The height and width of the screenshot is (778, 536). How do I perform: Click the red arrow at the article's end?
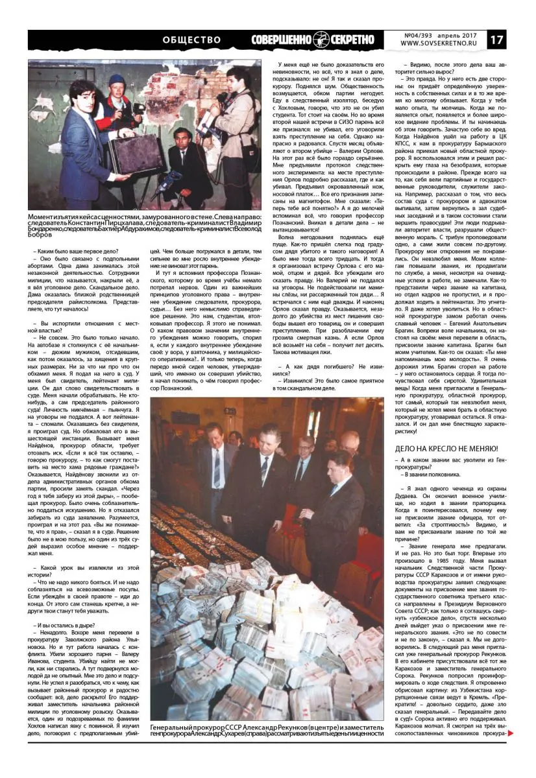click(511, 733)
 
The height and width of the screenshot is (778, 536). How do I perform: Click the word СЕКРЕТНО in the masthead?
click(348, 40)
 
